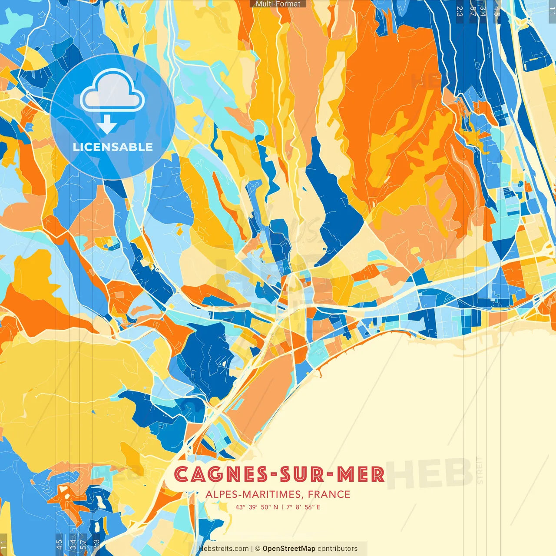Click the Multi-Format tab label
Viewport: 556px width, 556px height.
pos(278,4)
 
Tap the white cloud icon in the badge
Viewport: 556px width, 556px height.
pos(112,92)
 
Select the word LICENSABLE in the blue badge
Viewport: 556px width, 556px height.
pos(113,147)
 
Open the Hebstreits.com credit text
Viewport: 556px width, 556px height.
pos(223,549)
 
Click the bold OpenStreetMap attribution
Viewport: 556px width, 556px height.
pos(288,549)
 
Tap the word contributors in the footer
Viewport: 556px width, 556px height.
pos(338,549)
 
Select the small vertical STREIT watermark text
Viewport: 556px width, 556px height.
pos(479,470)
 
